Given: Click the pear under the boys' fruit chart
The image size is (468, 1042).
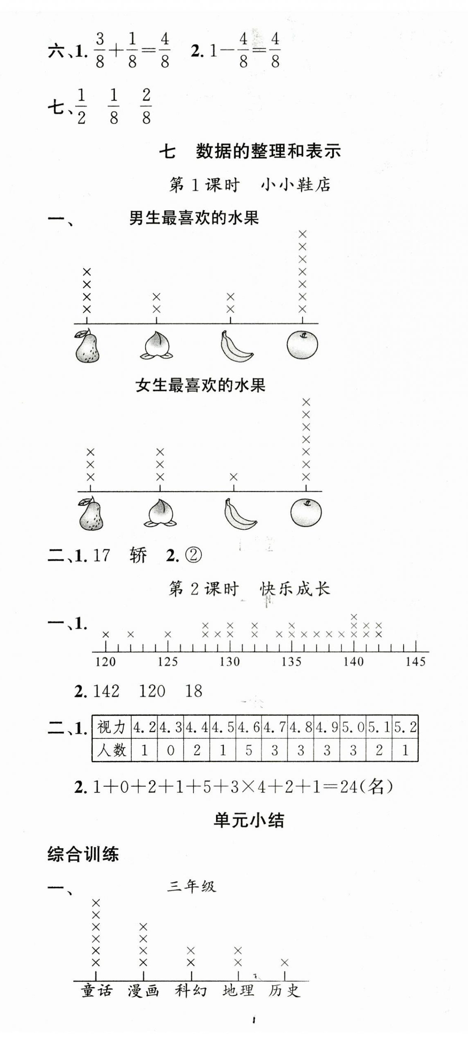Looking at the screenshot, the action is (87, 346).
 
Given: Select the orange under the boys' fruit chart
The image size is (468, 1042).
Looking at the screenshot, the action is (303, 345).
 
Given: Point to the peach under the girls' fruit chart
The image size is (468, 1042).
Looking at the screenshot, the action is (160, 513).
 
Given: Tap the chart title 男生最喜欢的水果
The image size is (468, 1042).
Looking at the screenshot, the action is (194, 218).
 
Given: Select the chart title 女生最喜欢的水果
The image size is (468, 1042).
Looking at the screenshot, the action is (200, 385).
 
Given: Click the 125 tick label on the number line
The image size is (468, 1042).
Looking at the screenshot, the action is (167, 662).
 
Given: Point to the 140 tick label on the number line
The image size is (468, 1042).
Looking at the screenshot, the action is (353, 662).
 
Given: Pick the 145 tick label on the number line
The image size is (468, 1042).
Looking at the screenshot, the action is (415, 662).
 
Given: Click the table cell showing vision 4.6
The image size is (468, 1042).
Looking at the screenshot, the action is (249, 728).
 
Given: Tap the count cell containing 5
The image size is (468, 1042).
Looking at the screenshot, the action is (249, 750).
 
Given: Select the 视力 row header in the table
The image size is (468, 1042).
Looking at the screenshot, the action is (111, 728).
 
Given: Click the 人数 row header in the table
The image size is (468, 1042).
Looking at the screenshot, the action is (111, 750).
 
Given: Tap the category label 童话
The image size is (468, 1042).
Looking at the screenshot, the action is (96, 991).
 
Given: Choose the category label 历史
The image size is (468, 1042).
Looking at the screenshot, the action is (284, 991).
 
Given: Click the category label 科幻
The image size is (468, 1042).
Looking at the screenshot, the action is (191, 991).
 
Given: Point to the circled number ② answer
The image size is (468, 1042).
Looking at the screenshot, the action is (193, 556).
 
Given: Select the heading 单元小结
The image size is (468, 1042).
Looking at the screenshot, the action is (249, 820).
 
